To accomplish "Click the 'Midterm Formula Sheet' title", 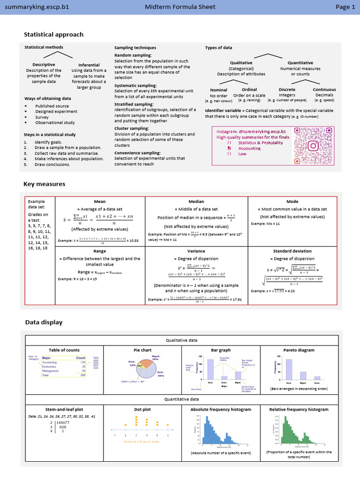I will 180,7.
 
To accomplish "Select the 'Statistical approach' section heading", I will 53,34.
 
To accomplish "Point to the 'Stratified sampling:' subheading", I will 134,104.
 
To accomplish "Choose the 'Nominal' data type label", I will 218,90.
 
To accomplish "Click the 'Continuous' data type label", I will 324,90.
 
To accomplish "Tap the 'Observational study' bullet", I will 55,123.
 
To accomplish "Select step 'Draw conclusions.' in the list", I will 52,165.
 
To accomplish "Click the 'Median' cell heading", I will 196,202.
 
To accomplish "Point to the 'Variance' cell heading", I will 196,251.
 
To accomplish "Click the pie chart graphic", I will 143,370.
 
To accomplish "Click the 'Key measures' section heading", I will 45,184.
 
